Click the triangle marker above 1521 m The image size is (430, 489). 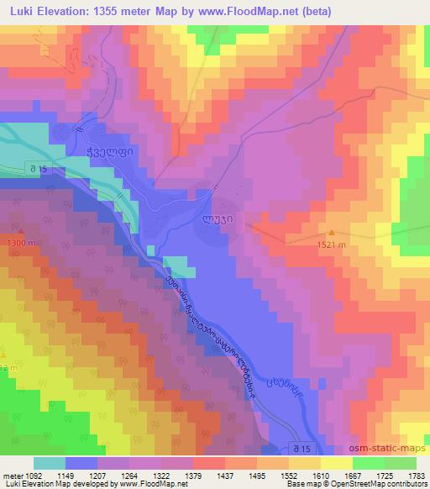(x=331, y=233)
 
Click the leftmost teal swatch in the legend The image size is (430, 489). (x=49, y=463)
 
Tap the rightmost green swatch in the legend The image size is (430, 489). (x=401, y=463)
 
